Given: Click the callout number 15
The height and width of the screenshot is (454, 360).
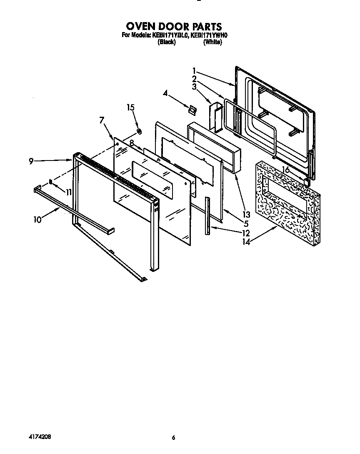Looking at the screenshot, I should pos(131,108).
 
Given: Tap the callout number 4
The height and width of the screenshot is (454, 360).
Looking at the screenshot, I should pos(165,94).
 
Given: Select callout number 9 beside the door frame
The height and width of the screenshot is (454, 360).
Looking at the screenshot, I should pos(31,161).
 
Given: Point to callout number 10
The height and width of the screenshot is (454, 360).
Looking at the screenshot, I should pos(38,219).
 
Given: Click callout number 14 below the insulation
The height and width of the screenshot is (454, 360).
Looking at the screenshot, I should pos(246,241).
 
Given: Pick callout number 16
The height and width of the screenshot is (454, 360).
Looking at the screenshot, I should pos(285,169).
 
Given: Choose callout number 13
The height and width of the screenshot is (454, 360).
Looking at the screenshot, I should pos(246,215).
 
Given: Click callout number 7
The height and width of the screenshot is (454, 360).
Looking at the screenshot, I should pos(102,120).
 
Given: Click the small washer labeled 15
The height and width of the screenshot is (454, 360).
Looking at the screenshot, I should pos(139,132).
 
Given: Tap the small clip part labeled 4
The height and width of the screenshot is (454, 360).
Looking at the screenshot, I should pos(192,109).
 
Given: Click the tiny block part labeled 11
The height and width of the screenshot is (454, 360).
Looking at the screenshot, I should pos(50,182).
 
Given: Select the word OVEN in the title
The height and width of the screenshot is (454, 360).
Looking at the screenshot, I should pos(140,28).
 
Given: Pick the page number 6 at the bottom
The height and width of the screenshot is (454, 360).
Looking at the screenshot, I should pos(173,438).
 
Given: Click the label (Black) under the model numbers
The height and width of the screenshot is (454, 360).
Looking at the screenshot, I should pos(166,42).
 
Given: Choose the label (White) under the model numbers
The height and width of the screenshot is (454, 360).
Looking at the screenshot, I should pos(212,42).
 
